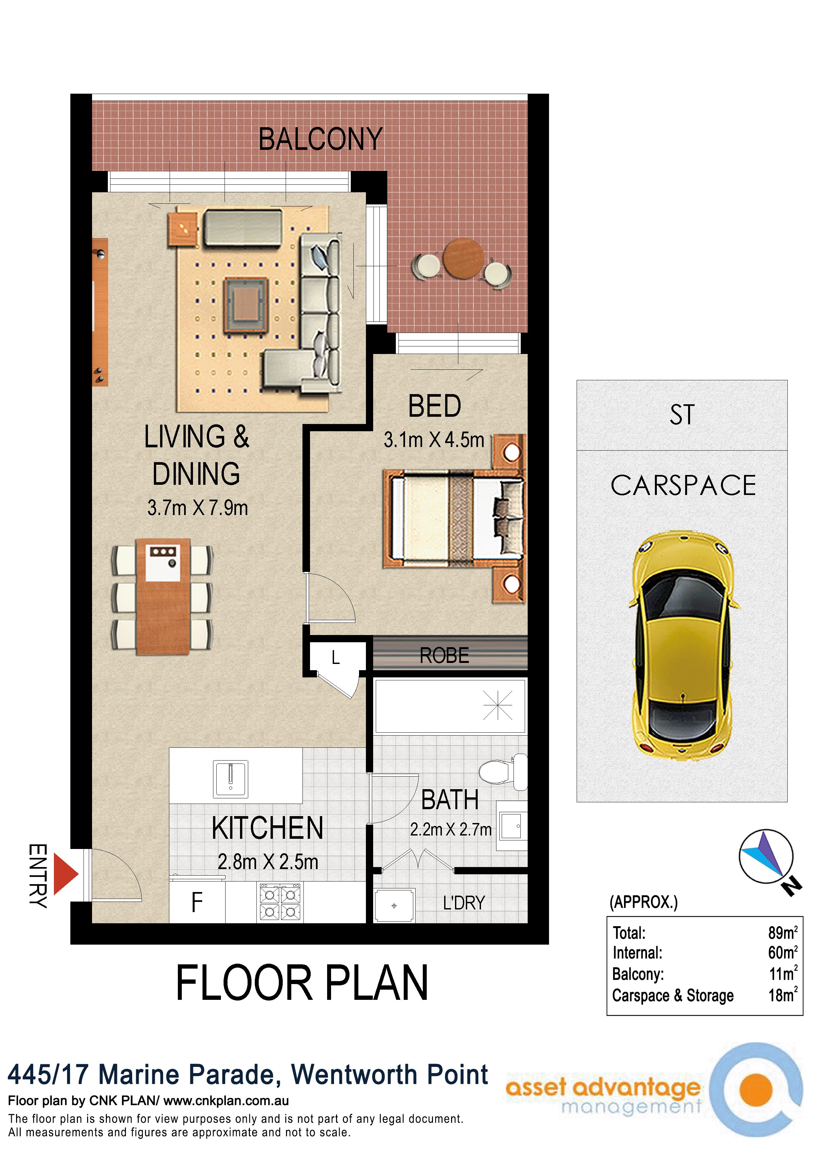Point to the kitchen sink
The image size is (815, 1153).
coord(230,779)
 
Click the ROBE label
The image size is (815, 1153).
coord(444,655)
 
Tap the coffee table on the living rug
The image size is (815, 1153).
coord(246,305)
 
